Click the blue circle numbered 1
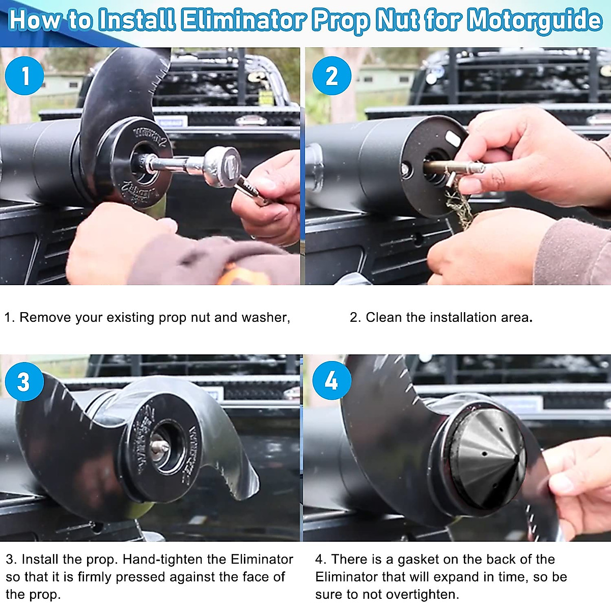pos(24,76)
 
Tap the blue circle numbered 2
pos(331,76)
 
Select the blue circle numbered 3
pos(24,381)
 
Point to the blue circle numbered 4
pos(331,380)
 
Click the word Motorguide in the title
pos(534,20)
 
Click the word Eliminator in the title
pos(243,20)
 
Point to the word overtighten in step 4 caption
pos(422,594)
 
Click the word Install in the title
pos(137,20)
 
